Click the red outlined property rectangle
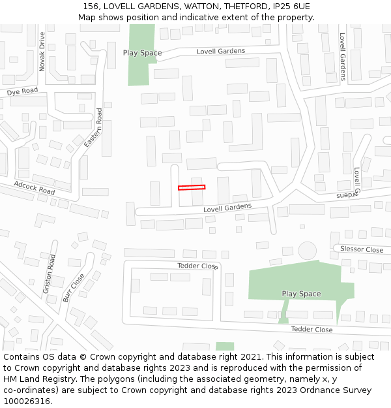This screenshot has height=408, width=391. tap(192, 187)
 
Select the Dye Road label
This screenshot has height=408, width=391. tap(22, 92)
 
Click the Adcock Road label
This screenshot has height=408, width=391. tap(35, 188)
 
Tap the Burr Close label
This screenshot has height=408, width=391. tap(74, 287)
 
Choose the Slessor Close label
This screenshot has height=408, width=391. tap(362, 250)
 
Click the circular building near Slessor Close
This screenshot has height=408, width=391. tap(307, 250)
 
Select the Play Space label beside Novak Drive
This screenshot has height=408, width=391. tap(142, 53)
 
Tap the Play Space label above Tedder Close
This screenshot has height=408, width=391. tap(301, 294)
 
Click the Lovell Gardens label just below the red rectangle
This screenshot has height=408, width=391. tap(227, 208)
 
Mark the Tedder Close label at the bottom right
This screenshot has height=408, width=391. tap(311, 330)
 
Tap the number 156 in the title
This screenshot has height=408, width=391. tap(91, 7)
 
